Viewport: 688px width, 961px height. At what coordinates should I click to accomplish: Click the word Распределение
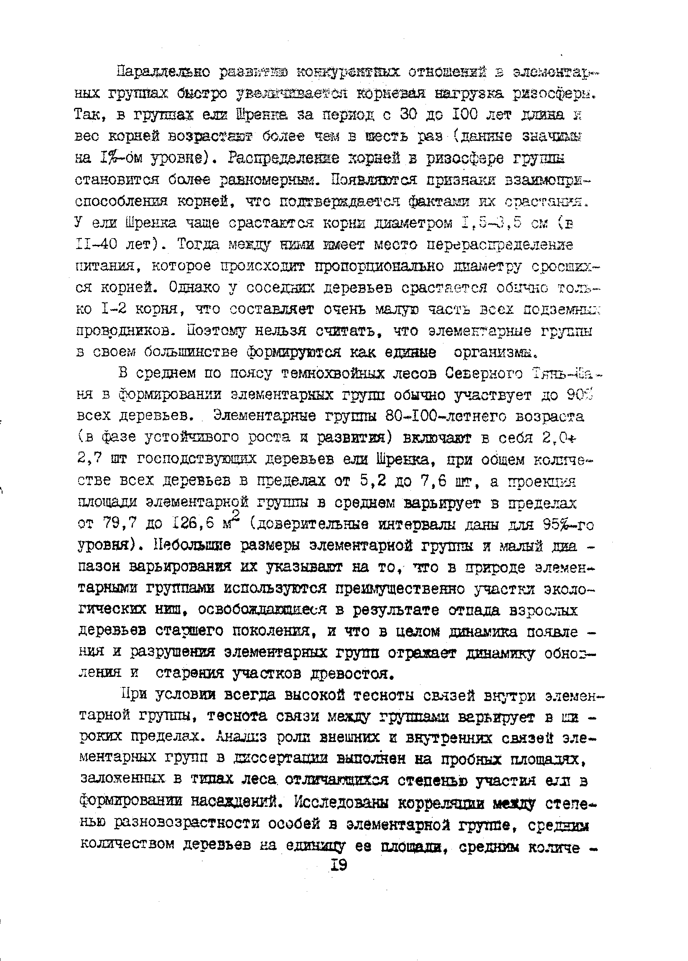coord(288,158)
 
